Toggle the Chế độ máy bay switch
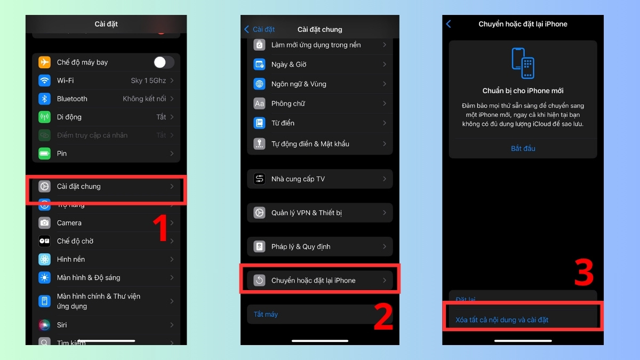click(164, 62)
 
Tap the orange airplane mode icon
click(44, 62)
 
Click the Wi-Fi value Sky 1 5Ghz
click(148, 81)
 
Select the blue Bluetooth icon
click(44, 99)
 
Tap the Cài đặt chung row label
click(79, 187)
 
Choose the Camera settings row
click(69, 223)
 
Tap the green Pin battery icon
click(44, 154)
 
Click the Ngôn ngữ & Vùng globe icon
click(260, 84)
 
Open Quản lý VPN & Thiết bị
click(307, 213)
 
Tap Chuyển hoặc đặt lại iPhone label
click(313, 281)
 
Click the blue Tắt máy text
click(266, 315)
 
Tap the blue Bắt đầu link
click(523, 148)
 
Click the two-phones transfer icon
click(523, 63)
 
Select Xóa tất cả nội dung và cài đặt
click(502, 320)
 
